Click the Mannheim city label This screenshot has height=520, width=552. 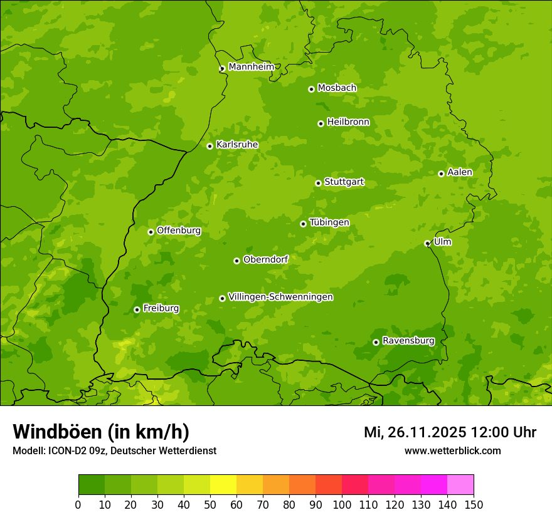(x=251, y=67)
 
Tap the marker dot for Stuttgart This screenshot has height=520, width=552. (x=318, y=183)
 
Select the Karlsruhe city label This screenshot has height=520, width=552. (x=236, y=145)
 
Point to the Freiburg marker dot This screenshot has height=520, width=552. (x=137, y=309)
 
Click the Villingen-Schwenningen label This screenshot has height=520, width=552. (x=280, y=297)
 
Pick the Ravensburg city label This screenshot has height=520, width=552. (x=408, y=341)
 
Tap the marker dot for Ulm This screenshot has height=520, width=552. (x=427, y=243)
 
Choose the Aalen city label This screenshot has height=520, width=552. (x=459, y=172)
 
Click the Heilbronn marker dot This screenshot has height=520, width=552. (x=321, y=123)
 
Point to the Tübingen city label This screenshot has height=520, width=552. (x=329, y=222)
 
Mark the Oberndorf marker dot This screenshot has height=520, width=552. (x=236, y=261)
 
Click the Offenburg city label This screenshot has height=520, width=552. (x=178, y=231)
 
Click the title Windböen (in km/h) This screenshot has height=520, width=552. (x=100, y=432)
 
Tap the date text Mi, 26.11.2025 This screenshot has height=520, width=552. (x=415, y=432)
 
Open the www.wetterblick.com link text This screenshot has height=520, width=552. (x=452, y=450)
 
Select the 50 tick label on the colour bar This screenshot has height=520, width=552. (x=210, y=505)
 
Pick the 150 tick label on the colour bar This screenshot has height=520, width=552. (x=474, y=505)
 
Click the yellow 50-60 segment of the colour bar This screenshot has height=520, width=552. (x=223, y=485)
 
